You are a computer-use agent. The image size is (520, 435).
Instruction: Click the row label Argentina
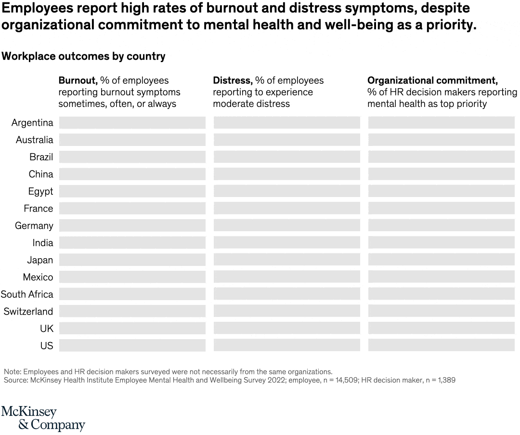32,123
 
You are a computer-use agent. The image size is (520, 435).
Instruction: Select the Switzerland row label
28,312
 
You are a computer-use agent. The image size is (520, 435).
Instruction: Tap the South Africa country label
27,294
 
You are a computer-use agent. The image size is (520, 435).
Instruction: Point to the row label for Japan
40,260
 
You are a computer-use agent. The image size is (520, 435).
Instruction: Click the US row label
47,346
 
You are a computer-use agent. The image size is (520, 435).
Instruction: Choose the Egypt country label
40,192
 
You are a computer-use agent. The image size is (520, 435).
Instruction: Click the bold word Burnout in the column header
78,80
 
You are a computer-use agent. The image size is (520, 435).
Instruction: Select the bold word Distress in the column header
233,80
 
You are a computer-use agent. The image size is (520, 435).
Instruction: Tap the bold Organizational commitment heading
432,80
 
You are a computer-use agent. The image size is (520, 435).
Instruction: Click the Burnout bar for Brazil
132,157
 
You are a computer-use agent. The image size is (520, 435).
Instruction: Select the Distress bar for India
286,243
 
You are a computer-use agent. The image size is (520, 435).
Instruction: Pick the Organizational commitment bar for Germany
441,226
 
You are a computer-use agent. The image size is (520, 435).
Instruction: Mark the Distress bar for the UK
286,329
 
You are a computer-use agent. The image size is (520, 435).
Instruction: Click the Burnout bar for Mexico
132,277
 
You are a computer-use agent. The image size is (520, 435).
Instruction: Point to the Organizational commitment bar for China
441,174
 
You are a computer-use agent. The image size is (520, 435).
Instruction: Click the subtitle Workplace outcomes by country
83,56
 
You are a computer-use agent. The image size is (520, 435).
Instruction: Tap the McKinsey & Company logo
43,418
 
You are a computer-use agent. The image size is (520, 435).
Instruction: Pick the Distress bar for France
286,209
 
